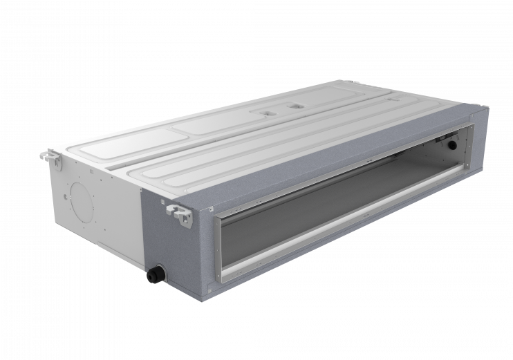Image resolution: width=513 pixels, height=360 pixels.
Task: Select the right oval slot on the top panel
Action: (297, 106)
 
